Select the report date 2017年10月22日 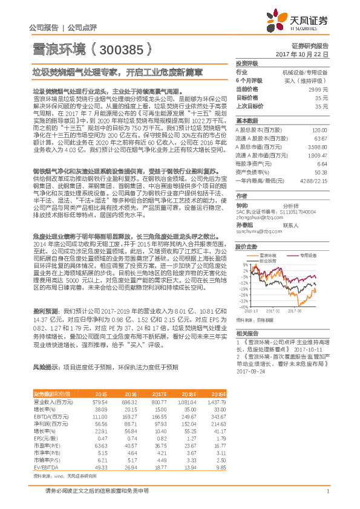[302, 54]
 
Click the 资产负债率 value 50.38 [321, 172]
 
